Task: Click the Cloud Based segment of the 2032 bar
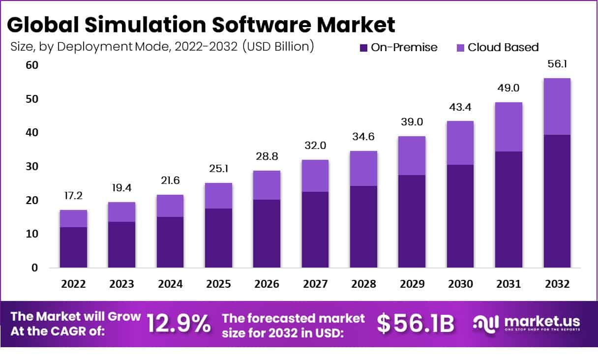click(557, 106)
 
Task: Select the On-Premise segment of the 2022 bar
click(73, 247)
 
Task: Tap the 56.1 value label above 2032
click(557, 64)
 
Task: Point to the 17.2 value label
click(73, 196)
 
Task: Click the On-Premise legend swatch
click(364, 48)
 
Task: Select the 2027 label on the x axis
click(315, 284)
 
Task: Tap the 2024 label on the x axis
click(170, 284)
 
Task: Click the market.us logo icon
click(486, 323)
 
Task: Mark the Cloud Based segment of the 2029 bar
click(412, 155)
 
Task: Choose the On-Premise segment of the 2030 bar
click(460, 216)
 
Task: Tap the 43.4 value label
click(460, 107)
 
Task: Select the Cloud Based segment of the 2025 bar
click(218, 196)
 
